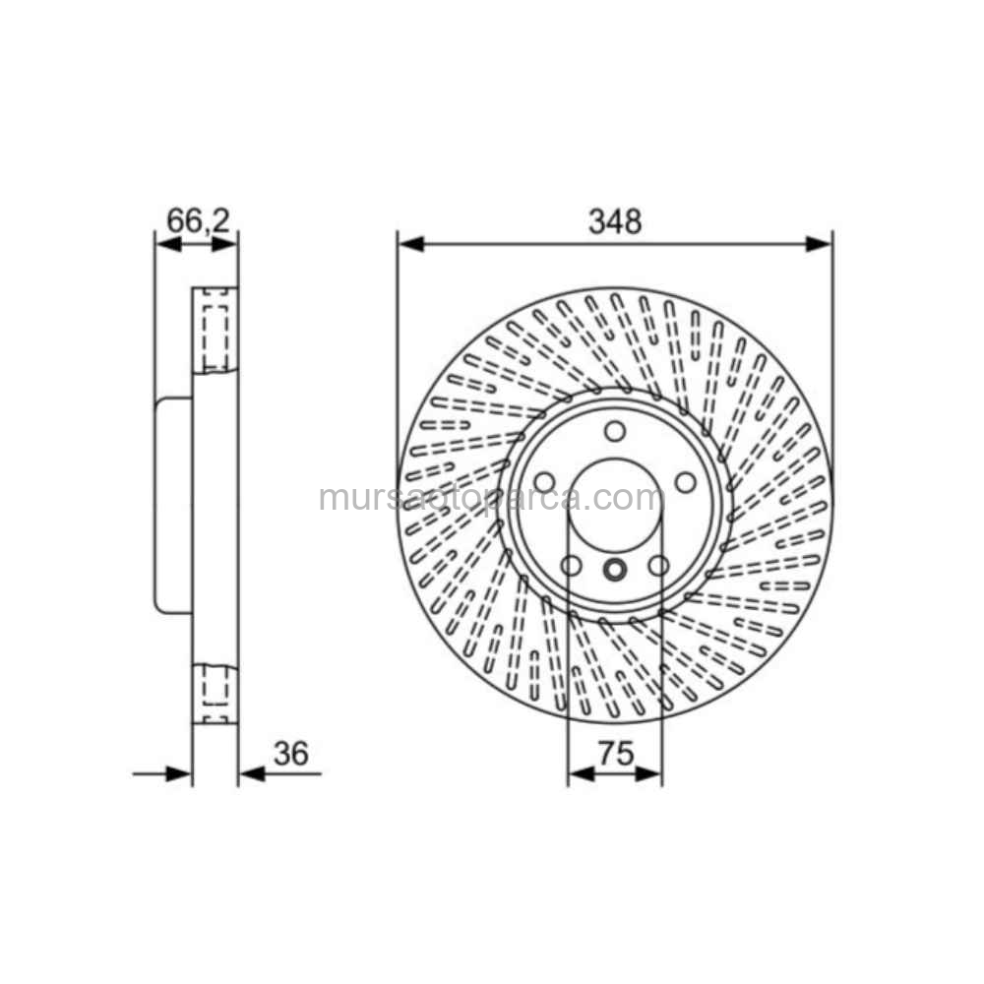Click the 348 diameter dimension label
[x=615, y=221]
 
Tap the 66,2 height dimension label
[x=199, y=220]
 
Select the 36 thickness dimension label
[x=291, y=753]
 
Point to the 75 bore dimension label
[x=616, y=753]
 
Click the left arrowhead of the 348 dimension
[x=410, y=244]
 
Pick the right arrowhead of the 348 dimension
[x=819, y=244]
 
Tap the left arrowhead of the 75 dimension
[x=582, y=774]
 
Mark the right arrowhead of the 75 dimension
[x=648, y=774]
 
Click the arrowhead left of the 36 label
[x=252, y=774]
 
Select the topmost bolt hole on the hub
[x=615, y=432]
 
